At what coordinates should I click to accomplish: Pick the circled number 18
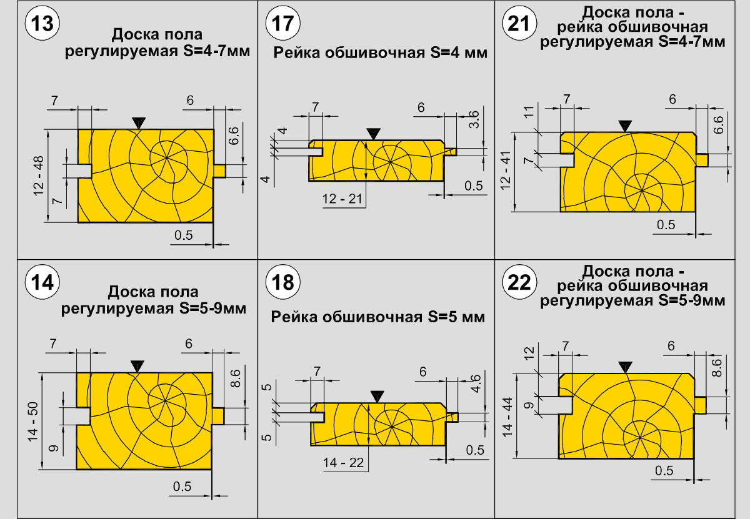click(x=282, y=282)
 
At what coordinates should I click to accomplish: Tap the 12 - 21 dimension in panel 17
click(x=342, y=199)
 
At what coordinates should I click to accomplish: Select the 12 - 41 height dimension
click(x=506, y=172)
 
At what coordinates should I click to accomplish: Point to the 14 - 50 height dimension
click(x=34, y=421)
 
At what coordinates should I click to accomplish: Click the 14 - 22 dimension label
click(x=343, y=462)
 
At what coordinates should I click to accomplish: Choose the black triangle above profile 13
click(x=137, y=123)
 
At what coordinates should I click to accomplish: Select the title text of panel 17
click(x=380, y=52)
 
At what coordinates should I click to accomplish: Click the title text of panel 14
click(x=153, y=300)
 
